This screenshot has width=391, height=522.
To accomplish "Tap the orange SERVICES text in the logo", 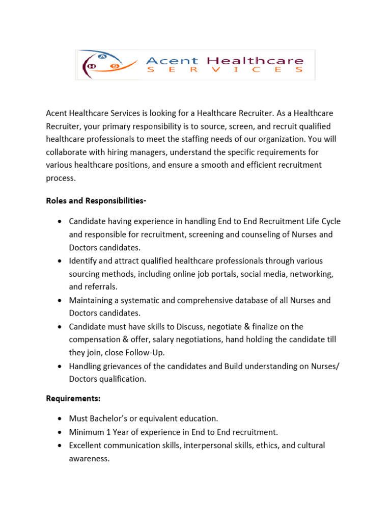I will point(225,70).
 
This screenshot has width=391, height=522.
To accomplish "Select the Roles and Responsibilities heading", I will point(96,201).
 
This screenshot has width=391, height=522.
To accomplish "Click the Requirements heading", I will point(71,399).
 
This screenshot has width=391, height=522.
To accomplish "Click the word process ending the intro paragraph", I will point(60,178).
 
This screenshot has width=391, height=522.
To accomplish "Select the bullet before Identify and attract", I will point(60,261).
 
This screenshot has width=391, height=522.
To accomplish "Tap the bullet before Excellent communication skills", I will point(60,446).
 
